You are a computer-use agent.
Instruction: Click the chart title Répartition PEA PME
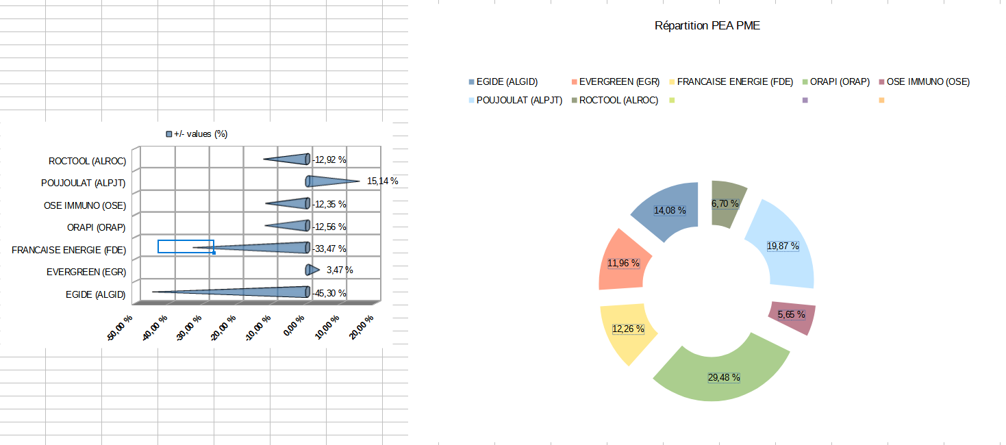(x=707, y=26)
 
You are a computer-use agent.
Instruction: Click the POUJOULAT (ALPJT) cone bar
(x=329, y=181)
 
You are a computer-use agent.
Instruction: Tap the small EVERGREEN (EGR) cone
(x=312, y=270)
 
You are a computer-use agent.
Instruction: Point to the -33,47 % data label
(x=329, y=249)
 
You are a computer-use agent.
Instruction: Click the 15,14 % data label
(x=382, y=181)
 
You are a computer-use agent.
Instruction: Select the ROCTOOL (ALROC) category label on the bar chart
(x=87, y=162)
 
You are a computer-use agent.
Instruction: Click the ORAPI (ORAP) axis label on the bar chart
(x=95, y=227)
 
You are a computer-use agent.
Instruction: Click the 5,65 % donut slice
(x=791, y=317)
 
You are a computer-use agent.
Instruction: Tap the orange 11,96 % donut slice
(x=622, y=264)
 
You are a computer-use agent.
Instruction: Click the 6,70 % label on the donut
(x=725, y=203)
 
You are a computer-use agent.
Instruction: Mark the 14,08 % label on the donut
(x=670, y=211)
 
